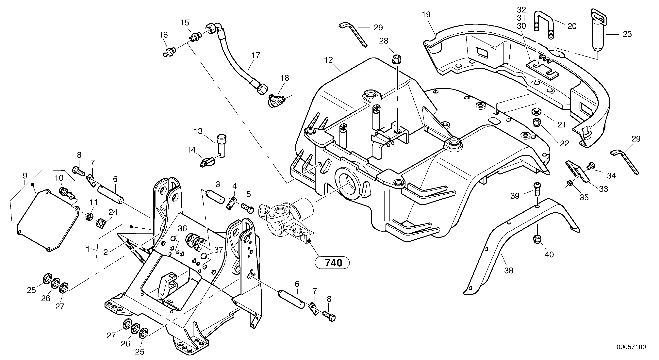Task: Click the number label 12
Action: [x=328, y=60]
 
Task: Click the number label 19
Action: [x=426, y=15]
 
